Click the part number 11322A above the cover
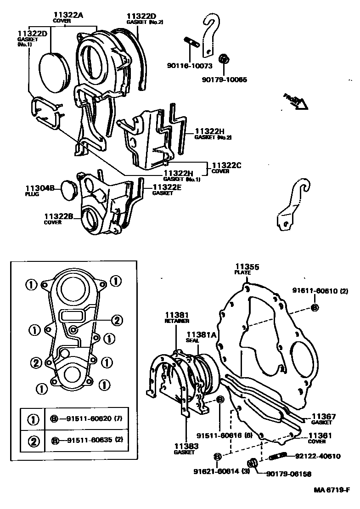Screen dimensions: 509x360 click(x=68, y=15)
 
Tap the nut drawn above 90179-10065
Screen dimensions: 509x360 click(x=224, y=59)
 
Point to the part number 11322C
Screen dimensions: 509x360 click(x=226, y=165)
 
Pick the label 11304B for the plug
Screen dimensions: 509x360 click(x=40, y=188)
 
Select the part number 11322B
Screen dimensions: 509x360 click(x=59, y=216)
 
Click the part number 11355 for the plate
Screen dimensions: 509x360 click(x=247, y=266)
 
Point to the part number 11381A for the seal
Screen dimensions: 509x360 click(x=201, y=335)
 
